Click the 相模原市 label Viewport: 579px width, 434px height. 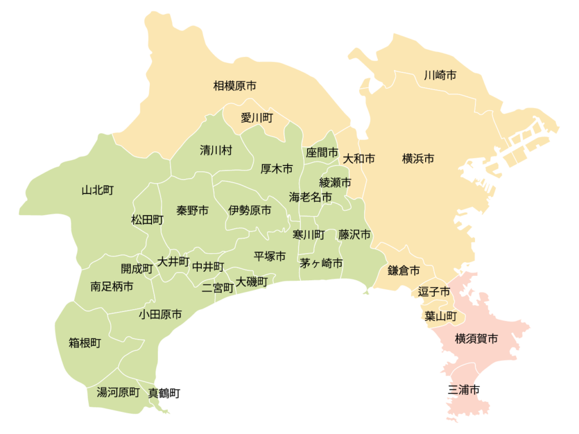(x=235, y=86)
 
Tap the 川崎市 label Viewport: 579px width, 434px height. (x=440, y=75)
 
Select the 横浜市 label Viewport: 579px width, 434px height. (x=418, y=159)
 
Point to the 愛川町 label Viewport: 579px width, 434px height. (x=257, y=118)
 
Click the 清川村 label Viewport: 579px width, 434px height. (x=216, y=150)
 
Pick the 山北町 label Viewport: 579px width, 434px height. (x=98, y=190)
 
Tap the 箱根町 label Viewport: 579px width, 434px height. (x=85, y=342)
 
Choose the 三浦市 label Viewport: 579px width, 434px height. (x=464, y=389)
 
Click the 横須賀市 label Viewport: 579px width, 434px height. (x=477, y=339)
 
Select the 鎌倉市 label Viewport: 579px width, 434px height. (x=404, y=271)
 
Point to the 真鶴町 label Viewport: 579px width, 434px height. (x=164, y=393)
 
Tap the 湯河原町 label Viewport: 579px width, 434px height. (x=118, y=392)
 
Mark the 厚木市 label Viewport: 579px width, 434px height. (x=276, y=168)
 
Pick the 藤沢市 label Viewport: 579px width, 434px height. (x=355, y=234)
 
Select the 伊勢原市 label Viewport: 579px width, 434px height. (x=249, y=210)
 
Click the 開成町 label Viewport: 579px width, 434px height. (x=137, y=269)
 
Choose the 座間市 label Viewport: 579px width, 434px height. (x=322, y=153)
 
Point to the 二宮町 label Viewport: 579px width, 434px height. (x=218, y=288)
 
